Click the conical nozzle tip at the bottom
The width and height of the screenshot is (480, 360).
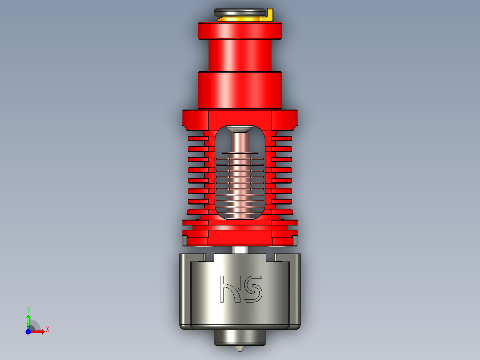click(240, 348)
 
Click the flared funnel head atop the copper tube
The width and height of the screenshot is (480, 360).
click(240, 130)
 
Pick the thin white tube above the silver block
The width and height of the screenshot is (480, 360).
click(240, 250)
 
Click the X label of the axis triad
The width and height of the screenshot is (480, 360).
click(48, 329)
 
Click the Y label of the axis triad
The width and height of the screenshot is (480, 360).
click(28, 309)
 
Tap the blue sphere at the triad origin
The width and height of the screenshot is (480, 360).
click(28, 331)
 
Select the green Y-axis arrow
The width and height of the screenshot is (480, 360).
click(28, 320)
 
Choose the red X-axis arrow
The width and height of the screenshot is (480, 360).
click(38, 331)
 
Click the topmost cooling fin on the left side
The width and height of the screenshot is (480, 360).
click(198, 139)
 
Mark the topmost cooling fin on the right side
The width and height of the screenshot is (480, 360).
click(282, 139)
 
